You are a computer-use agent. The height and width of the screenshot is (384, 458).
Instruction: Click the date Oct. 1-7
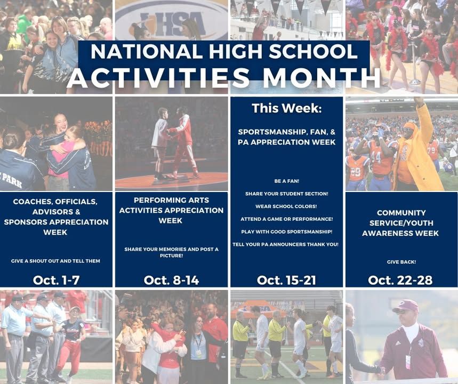56,280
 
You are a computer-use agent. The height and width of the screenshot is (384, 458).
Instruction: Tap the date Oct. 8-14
172,280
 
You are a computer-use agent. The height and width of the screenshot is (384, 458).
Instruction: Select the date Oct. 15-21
286,280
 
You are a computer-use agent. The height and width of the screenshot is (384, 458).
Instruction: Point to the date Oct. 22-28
400,280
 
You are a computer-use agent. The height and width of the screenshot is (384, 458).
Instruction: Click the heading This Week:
286,108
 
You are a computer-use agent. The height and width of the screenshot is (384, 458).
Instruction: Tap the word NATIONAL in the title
146,51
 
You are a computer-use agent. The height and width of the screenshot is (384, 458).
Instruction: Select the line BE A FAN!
286,181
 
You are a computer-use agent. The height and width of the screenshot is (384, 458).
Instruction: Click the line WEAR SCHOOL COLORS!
286,206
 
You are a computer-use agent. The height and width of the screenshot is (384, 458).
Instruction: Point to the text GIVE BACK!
401,262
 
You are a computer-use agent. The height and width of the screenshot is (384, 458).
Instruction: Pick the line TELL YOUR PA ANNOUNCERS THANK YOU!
286,244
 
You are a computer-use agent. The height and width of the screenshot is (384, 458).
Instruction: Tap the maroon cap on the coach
405,306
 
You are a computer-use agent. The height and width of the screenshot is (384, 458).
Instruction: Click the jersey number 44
376,157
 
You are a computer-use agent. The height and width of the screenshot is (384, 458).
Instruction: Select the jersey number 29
356,172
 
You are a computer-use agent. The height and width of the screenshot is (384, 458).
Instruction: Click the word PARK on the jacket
12,181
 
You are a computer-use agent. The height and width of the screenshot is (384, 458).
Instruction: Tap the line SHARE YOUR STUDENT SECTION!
286,194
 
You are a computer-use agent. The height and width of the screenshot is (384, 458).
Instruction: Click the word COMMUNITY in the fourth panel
401,213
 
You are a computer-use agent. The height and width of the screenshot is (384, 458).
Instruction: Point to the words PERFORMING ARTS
172,200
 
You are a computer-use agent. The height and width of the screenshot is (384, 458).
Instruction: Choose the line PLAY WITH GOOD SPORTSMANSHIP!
286,232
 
